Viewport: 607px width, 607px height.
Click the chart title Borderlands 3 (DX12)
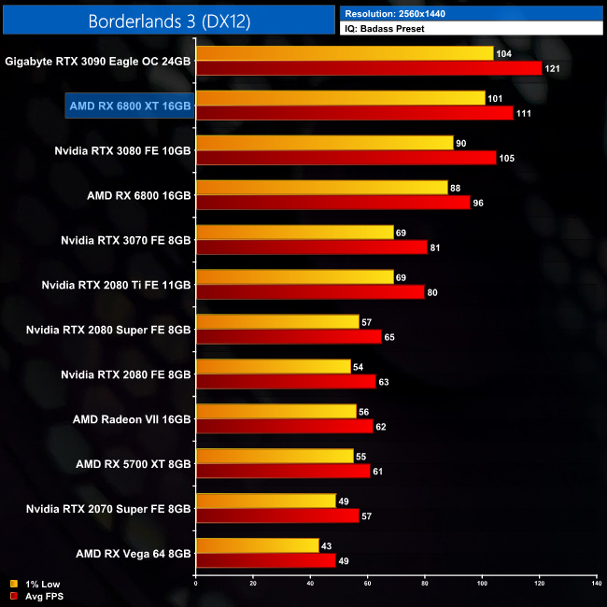pyautogui.click(x=168, y=21)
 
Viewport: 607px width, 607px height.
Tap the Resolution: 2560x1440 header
pyautogui.click(x=401, y=13)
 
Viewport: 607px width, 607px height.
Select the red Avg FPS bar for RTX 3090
pyautogui.click(x=369, y=68)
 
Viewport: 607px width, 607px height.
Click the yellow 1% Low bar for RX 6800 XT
pyautogui.click(x=340, y=98)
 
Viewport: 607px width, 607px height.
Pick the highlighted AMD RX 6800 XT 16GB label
pyautogui.click(x=130, y=106)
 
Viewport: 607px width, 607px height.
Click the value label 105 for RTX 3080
pyautogui.click(x=507, y=158)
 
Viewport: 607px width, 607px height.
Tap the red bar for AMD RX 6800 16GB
pyautogui.click(x=333, y=203)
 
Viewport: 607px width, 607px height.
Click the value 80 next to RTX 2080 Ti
pyautogui.click(x=435, y=292)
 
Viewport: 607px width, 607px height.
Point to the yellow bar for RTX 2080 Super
pyautogui.click(x=277, y=322)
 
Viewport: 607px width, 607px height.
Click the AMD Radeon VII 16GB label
pyautogui.click(x=132, y=419)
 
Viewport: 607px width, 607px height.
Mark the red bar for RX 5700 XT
pyautogui.click(x=283, y=472)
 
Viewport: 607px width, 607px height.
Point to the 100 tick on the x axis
pyautogui.click(x=482, y=584)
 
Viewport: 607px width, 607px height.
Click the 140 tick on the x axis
pyautogui.click(x=596, y=584)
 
